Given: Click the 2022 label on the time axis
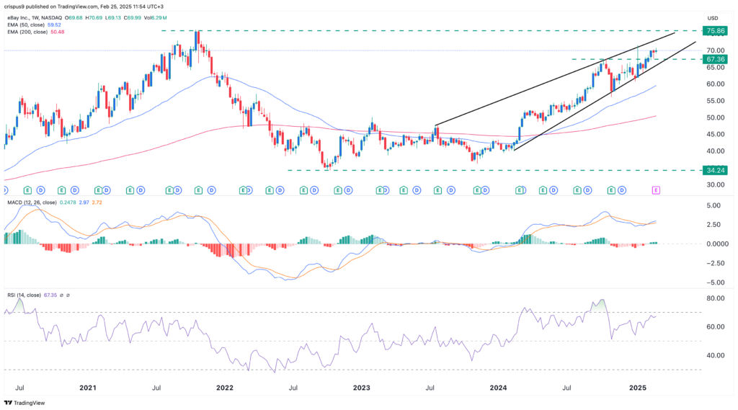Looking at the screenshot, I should tap(224, 388).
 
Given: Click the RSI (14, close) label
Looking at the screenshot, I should tap(24, 294).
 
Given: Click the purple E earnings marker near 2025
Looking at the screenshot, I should tap(656, 190).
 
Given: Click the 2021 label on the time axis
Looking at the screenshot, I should tap(87, 388).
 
